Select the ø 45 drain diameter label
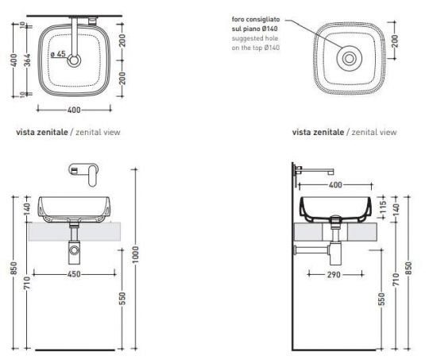click(57, 55)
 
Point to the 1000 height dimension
click(136, 255)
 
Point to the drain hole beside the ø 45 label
click(74, 59)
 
